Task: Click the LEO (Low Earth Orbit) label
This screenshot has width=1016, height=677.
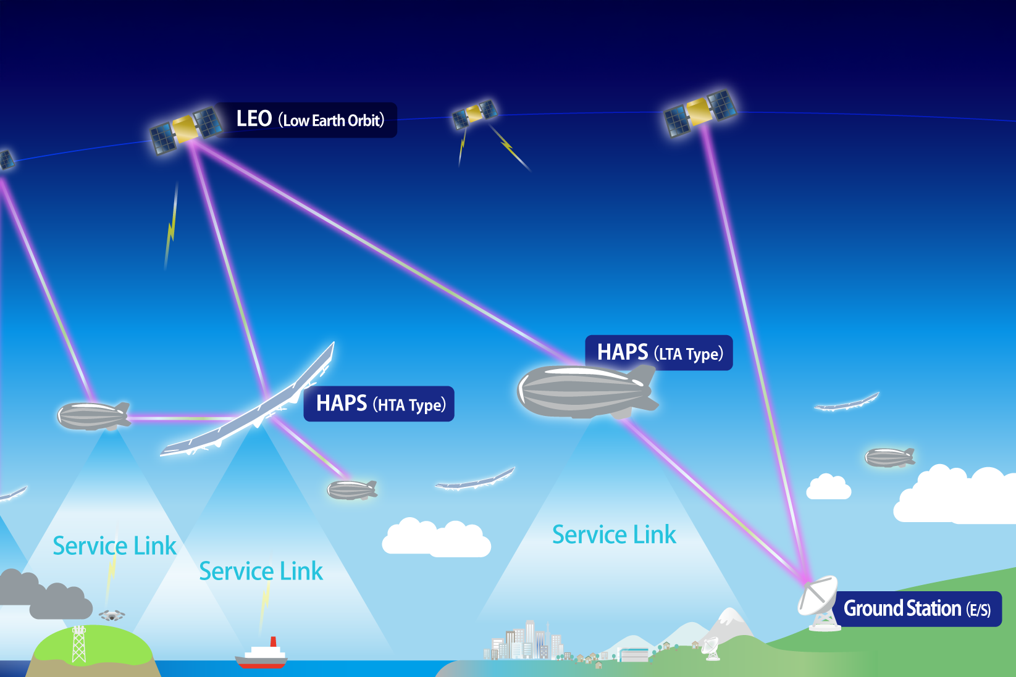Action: point(310,120)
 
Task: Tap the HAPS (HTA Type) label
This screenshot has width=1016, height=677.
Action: point(379,404)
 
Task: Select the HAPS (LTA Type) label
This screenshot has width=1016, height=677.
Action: point(659,353)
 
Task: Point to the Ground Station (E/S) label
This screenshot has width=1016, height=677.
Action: point(917,609)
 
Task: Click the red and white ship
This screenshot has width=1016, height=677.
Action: point(262,655)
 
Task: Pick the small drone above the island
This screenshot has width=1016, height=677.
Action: point(112,615)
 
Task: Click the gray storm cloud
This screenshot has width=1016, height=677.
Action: point(46,596)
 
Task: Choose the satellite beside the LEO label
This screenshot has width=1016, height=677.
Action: point(186,130)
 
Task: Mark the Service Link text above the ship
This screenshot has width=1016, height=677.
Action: point(261,571)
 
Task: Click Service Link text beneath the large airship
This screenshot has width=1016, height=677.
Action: point(614,535)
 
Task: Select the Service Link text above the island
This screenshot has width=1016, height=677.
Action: point(114,546)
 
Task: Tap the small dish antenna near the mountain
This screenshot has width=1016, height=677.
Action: point(711,647)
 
